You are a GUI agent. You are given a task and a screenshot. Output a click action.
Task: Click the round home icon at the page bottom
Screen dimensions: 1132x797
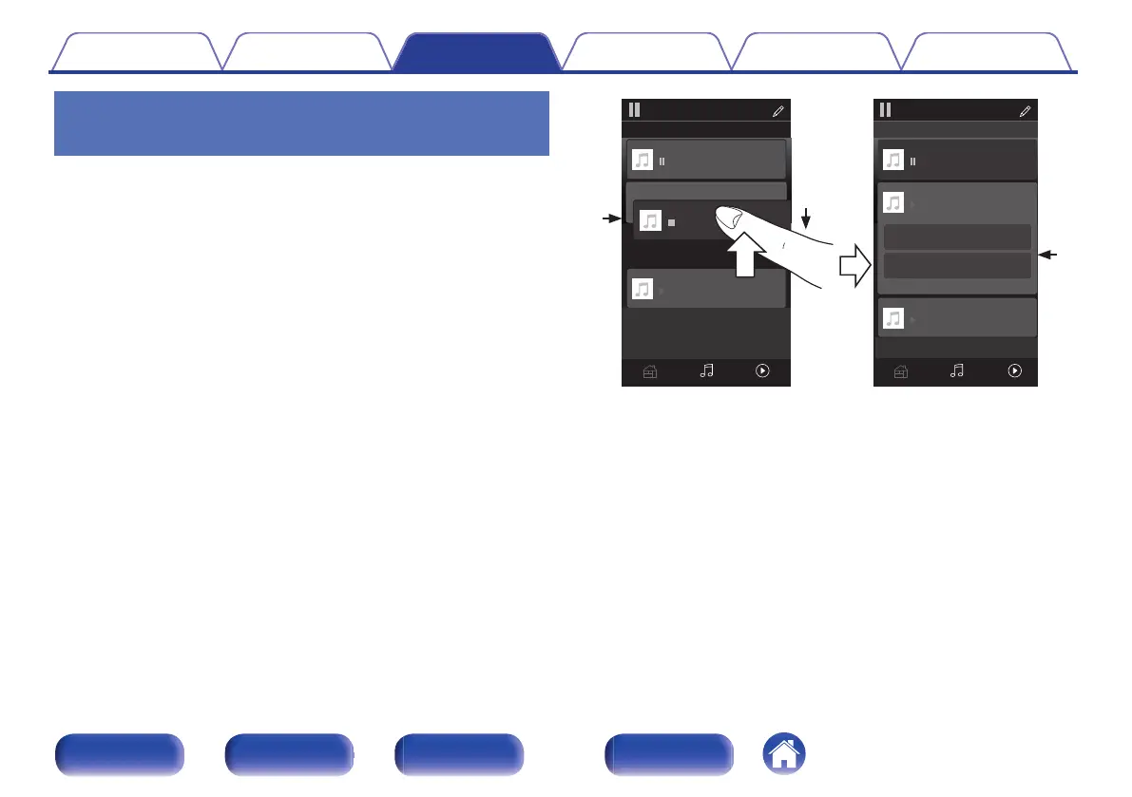pos(783,756)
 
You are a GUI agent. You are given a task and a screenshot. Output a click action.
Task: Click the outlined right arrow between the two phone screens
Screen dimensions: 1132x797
pos(854,266)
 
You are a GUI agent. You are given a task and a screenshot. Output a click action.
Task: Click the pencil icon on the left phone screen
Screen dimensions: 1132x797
pos(778,111)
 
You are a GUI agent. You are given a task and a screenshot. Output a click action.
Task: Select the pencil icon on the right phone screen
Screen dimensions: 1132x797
pos(1025,111)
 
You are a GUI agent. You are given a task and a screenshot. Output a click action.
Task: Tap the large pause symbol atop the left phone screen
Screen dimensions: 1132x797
pos(634,109)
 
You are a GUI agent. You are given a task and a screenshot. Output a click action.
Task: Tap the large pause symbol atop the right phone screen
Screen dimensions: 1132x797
pos(885,109)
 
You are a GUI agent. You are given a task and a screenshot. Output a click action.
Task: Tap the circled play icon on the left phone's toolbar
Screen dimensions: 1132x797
pos(762,371)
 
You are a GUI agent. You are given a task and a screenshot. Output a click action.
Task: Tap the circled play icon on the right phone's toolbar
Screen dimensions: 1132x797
pos(1014,371)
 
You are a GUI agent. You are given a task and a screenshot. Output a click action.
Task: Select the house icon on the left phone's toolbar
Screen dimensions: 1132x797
pos(649,372)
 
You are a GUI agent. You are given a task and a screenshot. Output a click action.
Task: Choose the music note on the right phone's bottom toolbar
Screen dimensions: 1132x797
pos(957,371)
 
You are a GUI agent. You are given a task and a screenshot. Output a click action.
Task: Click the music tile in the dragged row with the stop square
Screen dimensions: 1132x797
pos(650,221)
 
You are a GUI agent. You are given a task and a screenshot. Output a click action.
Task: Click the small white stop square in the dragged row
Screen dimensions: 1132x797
pos(671,223)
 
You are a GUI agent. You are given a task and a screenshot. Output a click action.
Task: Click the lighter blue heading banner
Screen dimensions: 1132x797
pos(302,123)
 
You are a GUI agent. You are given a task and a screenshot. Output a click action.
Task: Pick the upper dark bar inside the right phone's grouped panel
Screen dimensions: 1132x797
pos(957,237)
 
